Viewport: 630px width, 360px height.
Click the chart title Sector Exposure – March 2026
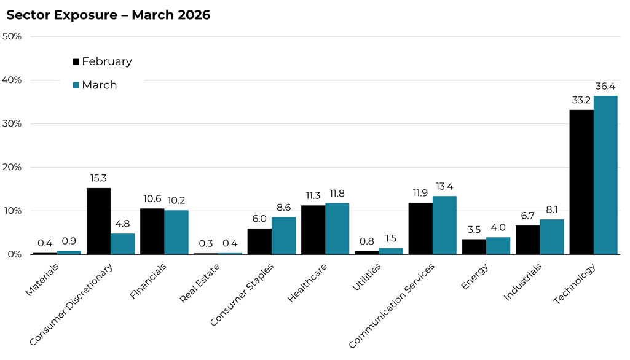tap(108, 15)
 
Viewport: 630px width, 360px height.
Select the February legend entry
tap(102, 61)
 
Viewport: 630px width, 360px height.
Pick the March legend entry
tap(95, 85)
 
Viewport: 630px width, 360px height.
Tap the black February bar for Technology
tap(581, 182)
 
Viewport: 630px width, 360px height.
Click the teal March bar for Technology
tap(605, 175)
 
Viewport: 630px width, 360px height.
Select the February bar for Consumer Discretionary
tap(98, 221)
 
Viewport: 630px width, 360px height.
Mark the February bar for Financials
tap(152, 231)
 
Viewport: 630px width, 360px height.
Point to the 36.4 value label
tap(605, 87)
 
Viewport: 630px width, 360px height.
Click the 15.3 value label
tap(98, 179)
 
